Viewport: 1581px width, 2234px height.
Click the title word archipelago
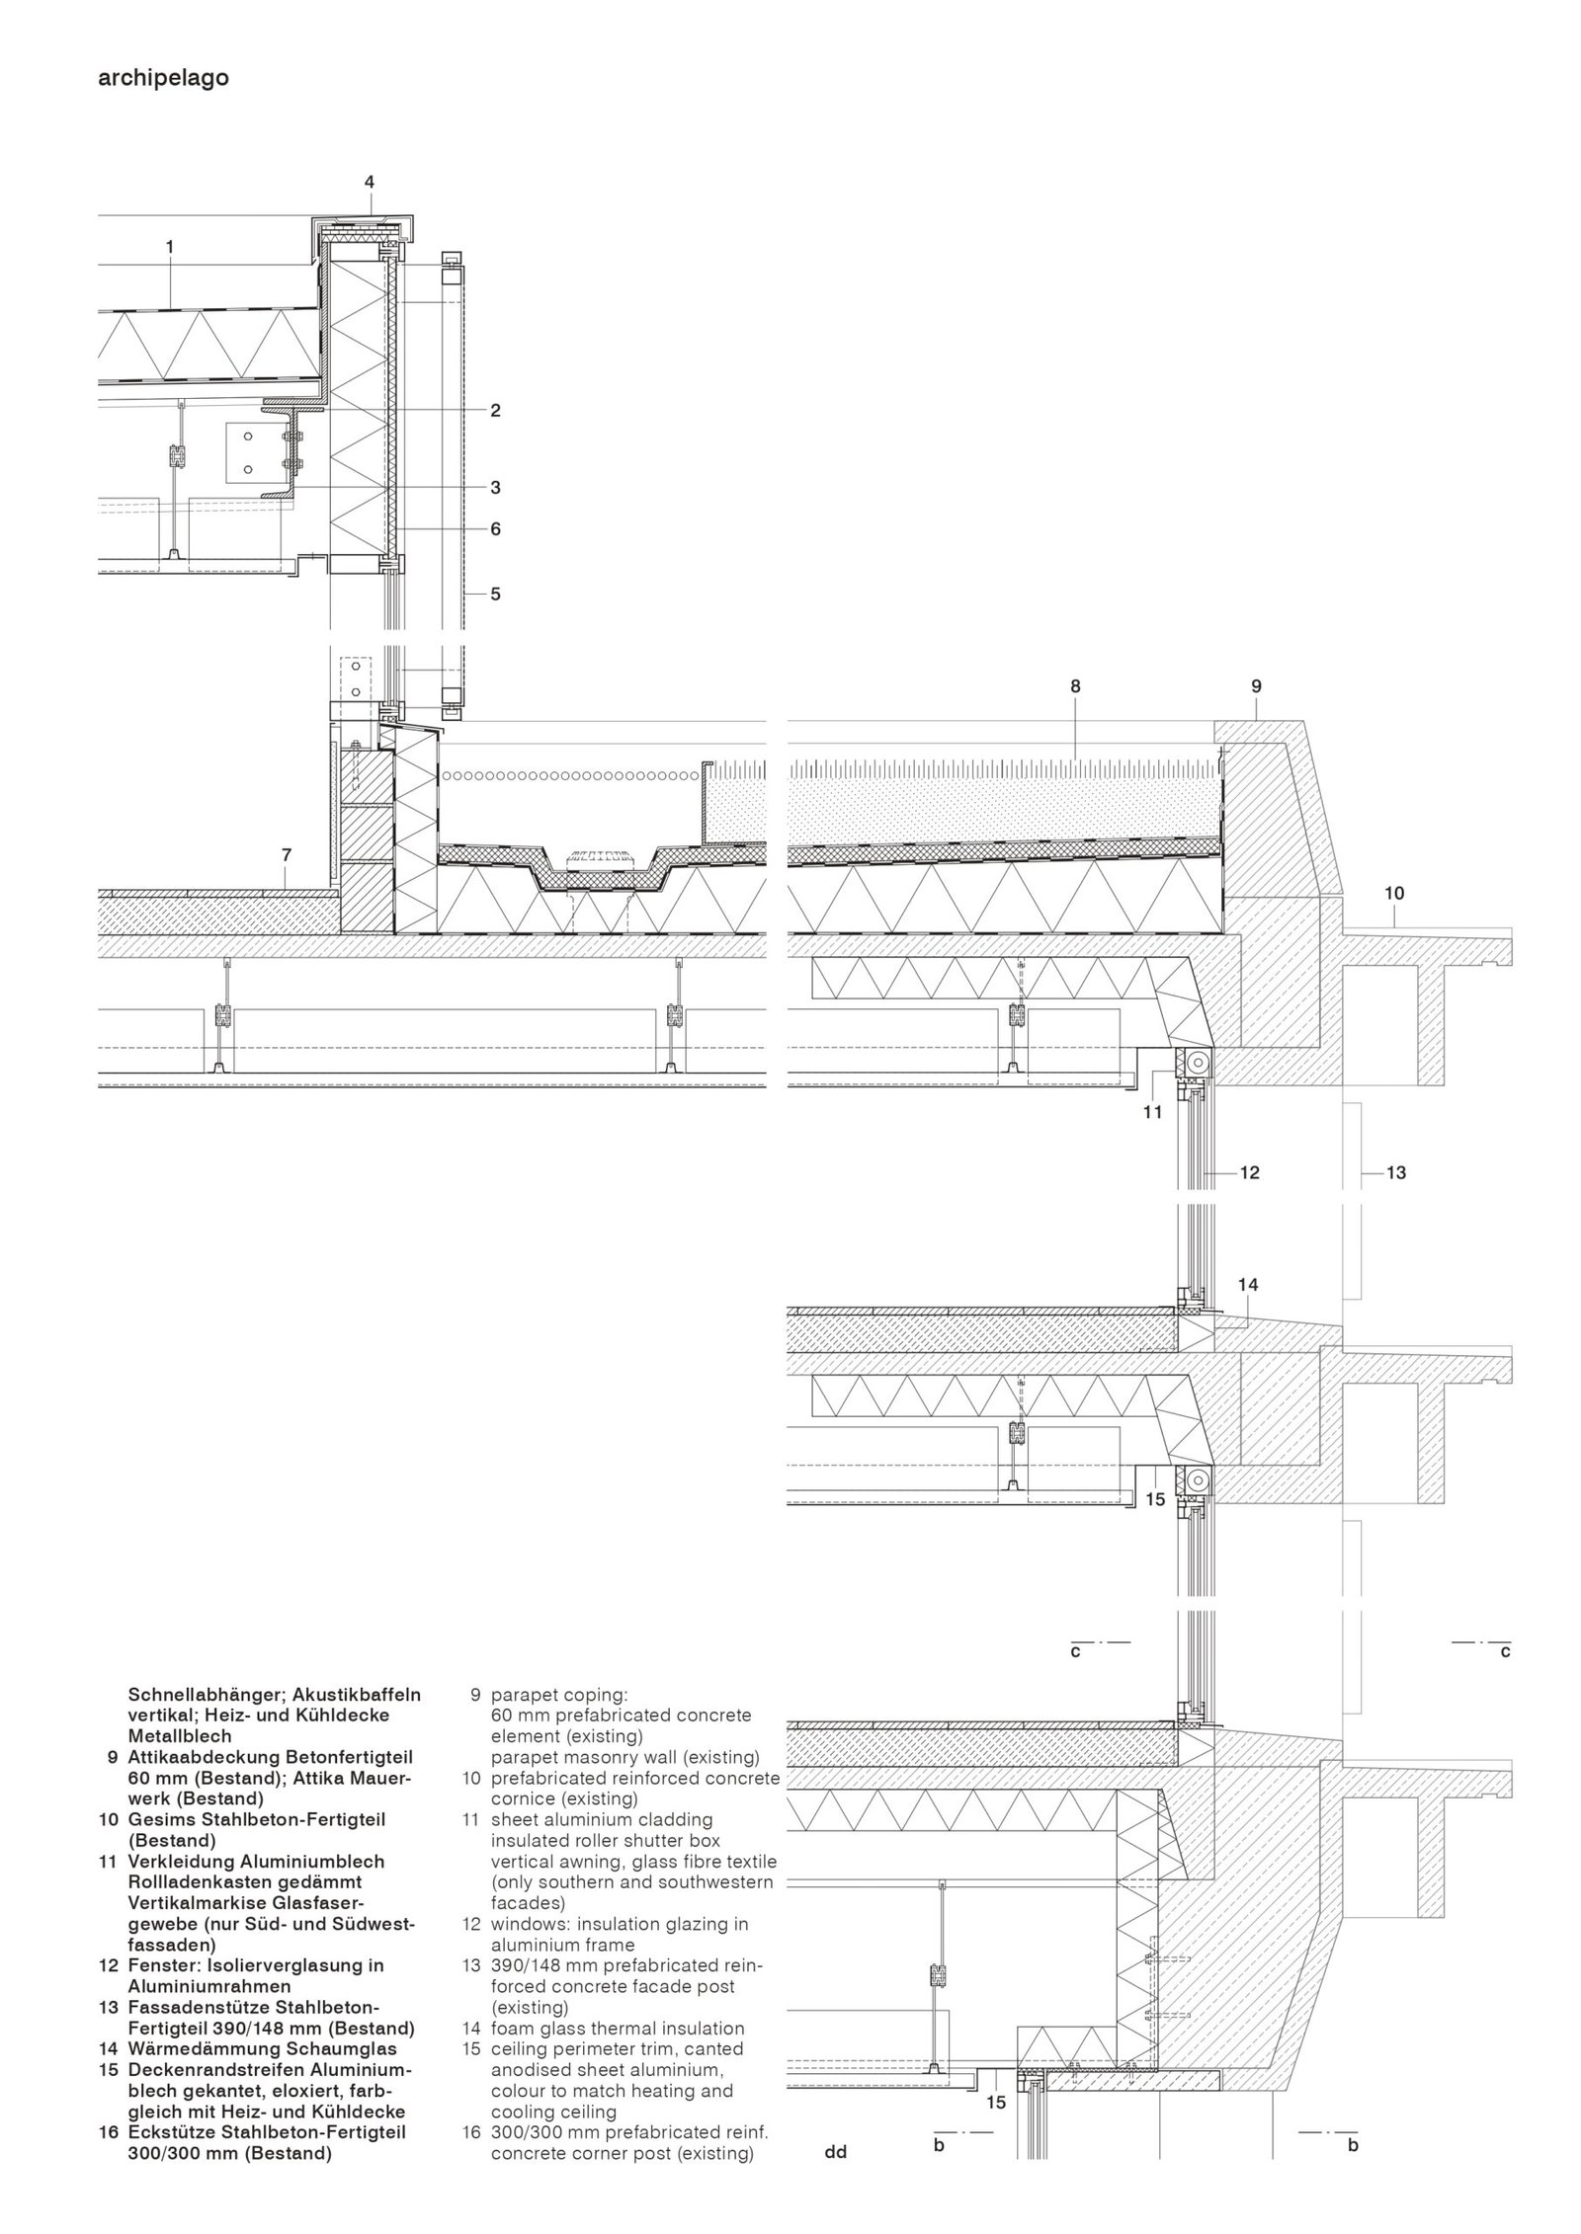point(164,79)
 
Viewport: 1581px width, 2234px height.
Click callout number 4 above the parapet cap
point(370,182)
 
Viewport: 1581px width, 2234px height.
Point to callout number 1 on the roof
point(170,247)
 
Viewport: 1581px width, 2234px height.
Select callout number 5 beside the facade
point(495,595)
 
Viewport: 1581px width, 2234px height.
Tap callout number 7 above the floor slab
point(287,853)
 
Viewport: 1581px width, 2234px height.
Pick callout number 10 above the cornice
point(1393,893)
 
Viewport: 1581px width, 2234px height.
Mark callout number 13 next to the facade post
point(1396,1173)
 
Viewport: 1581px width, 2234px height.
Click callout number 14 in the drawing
point(1248,1285)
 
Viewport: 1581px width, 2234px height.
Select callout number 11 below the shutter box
point(1152,1112)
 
